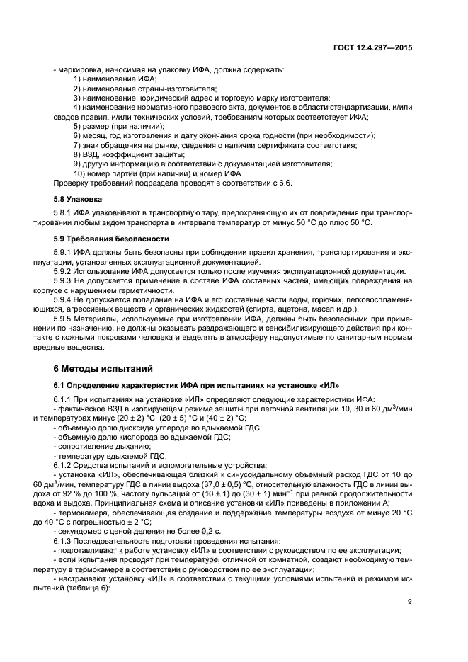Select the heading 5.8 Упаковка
tap(78, 200)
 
